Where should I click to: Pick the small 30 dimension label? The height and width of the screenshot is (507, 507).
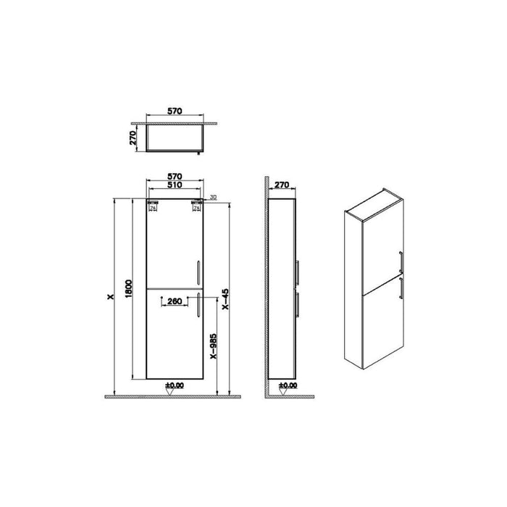[x=213, y=198]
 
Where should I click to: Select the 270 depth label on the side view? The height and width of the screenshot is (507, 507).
[x=281, y=185]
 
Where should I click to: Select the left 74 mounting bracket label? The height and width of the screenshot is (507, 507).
[x=152, y=209]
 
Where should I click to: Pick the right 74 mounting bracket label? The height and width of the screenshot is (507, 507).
[x=196, y=209]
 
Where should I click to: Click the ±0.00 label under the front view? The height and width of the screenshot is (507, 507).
[x=174, y=386]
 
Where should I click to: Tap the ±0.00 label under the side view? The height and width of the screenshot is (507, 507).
[x=287, y=386]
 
